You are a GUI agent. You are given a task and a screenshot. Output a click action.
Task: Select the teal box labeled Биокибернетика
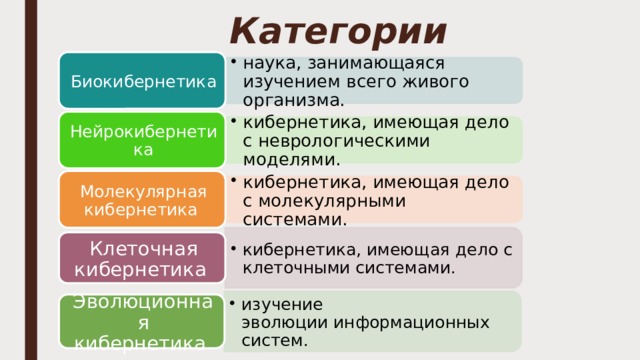tap(140, 80)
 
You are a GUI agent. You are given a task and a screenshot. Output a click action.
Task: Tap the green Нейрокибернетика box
tap(140, 139)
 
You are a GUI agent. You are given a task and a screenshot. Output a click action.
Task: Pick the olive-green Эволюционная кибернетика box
tap(140, 322)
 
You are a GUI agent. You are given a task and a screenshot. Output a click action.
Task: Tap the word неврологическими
tap(345, 140)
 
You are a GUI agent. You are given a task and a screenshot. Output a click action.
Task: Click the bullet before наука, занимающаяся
tap(232, 60)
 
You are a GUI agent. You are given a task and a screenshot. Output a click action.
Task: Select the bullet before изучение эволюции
tap(232, 303)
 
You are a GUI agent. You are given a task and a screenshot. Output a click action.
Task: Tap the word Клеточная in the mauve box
tap(144, 247)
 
